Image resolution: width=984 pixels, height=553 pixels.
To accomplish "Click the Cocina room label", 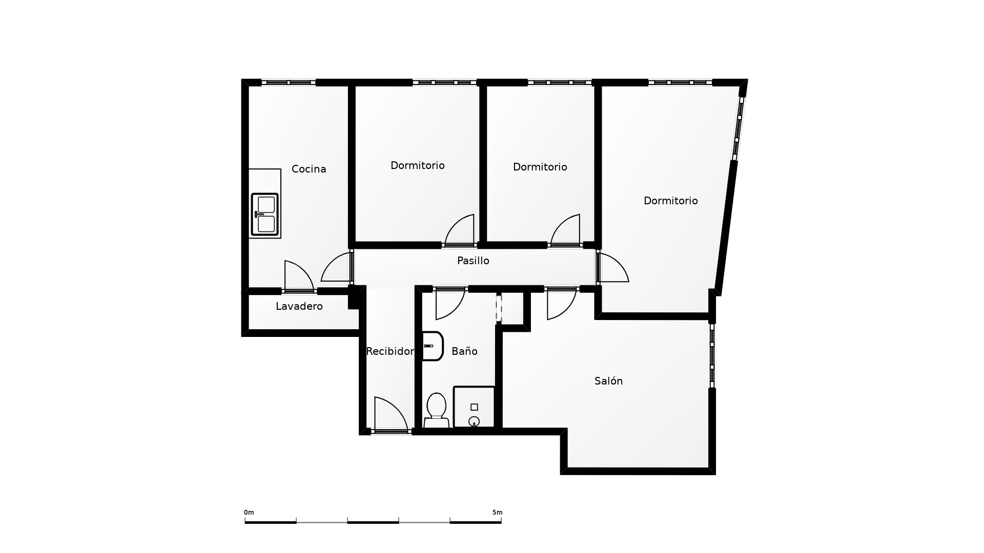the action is pos(309,169).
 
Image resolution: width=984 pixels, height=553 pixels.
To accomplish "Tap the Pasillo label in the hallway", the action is pos(473,261).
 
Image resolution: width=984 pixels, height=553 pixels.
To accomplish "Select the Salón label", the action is pos(608,381).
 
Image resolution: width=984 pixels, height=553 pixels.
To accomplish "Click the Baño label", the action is pos(464,351).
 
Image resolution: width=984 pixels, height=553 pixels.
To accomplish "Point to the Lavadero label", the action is pos(299,306).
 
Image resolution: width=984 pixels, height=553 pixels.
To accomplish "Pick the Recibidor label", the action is pos(389,351).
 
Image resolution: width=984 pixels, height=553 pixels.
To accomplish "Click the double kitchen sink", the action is pos(264,215).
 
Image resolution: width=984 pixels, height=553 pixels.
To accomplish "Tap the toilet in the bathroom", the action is pos(436,410).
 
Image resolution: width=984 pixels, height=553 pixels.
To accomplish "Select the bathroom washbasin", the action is pos(433,346).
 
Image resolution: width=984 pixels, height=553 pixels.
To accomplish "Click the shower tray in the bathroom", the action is pos(474,407).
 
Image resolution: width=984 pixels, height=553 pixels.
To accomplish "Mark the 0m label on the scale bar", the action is pos(249,513).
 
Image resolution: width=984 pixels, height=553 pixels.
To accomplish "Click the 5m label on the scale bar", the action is pos(497,513).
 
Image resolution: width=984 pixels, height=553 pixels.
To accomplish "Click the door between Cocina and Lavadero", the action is pos(299,277).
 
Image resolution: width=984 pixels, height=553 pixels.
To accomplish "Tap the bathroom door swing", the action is pos(449,304).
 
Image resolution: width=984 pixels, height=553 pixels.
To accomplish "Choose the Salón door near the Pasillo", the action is pos(562,304).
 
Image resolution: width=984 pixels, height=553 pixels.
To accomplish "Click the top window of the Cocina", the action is pos(289,82).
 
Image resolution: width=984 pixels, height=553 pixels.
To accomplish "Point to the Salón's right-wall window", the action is pos(712,355).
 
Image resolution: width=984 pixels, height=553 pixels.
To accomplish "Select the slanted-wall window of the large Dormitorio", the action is pos(738,128).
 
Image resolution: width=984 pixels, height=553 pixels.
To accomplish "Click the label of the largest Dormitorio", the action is pos(670,201).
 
